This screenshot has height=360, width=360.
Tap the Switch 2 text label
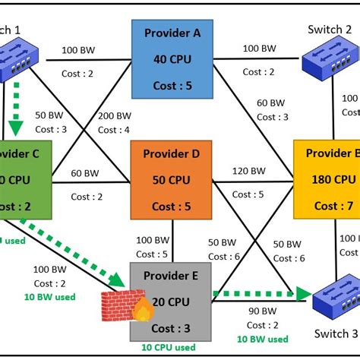coord(330,30)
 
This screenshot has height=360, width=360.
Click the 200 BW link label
coord(114,116)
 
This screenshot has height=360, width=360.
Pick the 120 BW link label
coord(249,171)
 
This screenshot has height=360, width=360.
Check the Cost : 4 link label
coord(114,130)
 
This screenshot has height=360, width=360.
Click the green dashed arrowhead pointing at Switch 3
coord(305,293)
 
